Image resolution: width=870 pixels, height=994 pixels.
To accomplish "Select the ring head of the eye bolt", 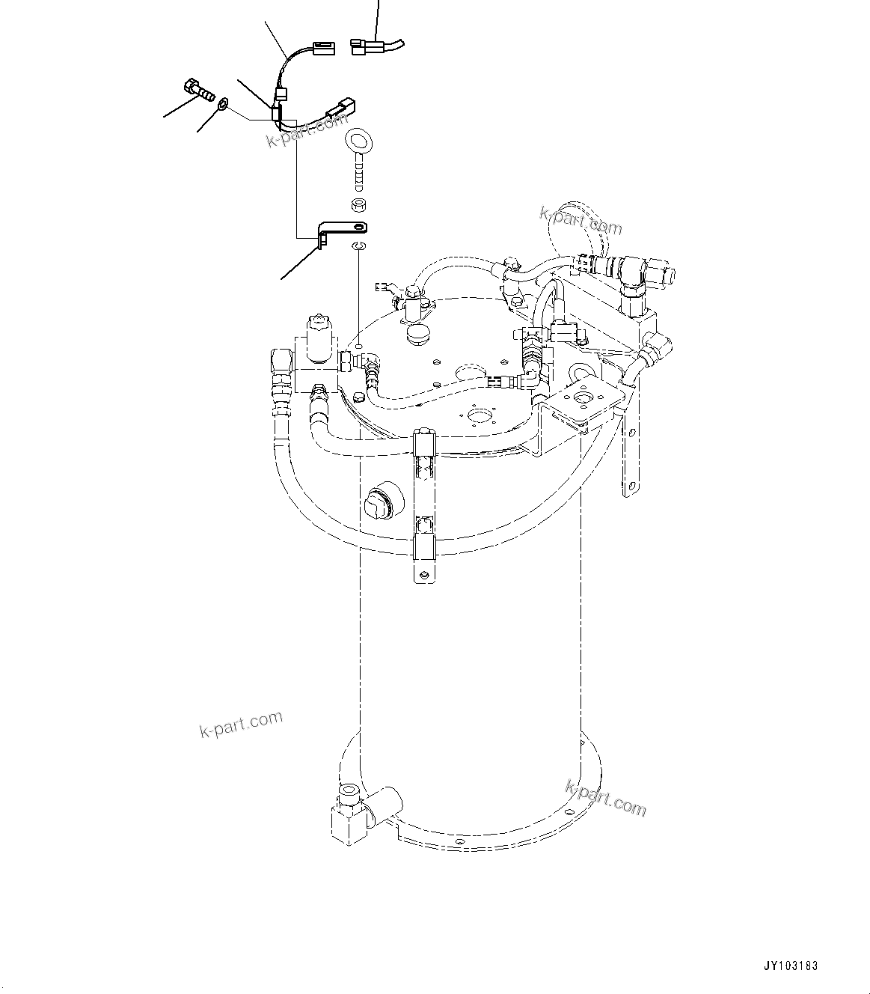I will tap(358, 141).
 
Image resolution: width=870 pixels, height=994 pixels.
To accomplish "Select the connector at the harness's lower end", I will tap(340, 109).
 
